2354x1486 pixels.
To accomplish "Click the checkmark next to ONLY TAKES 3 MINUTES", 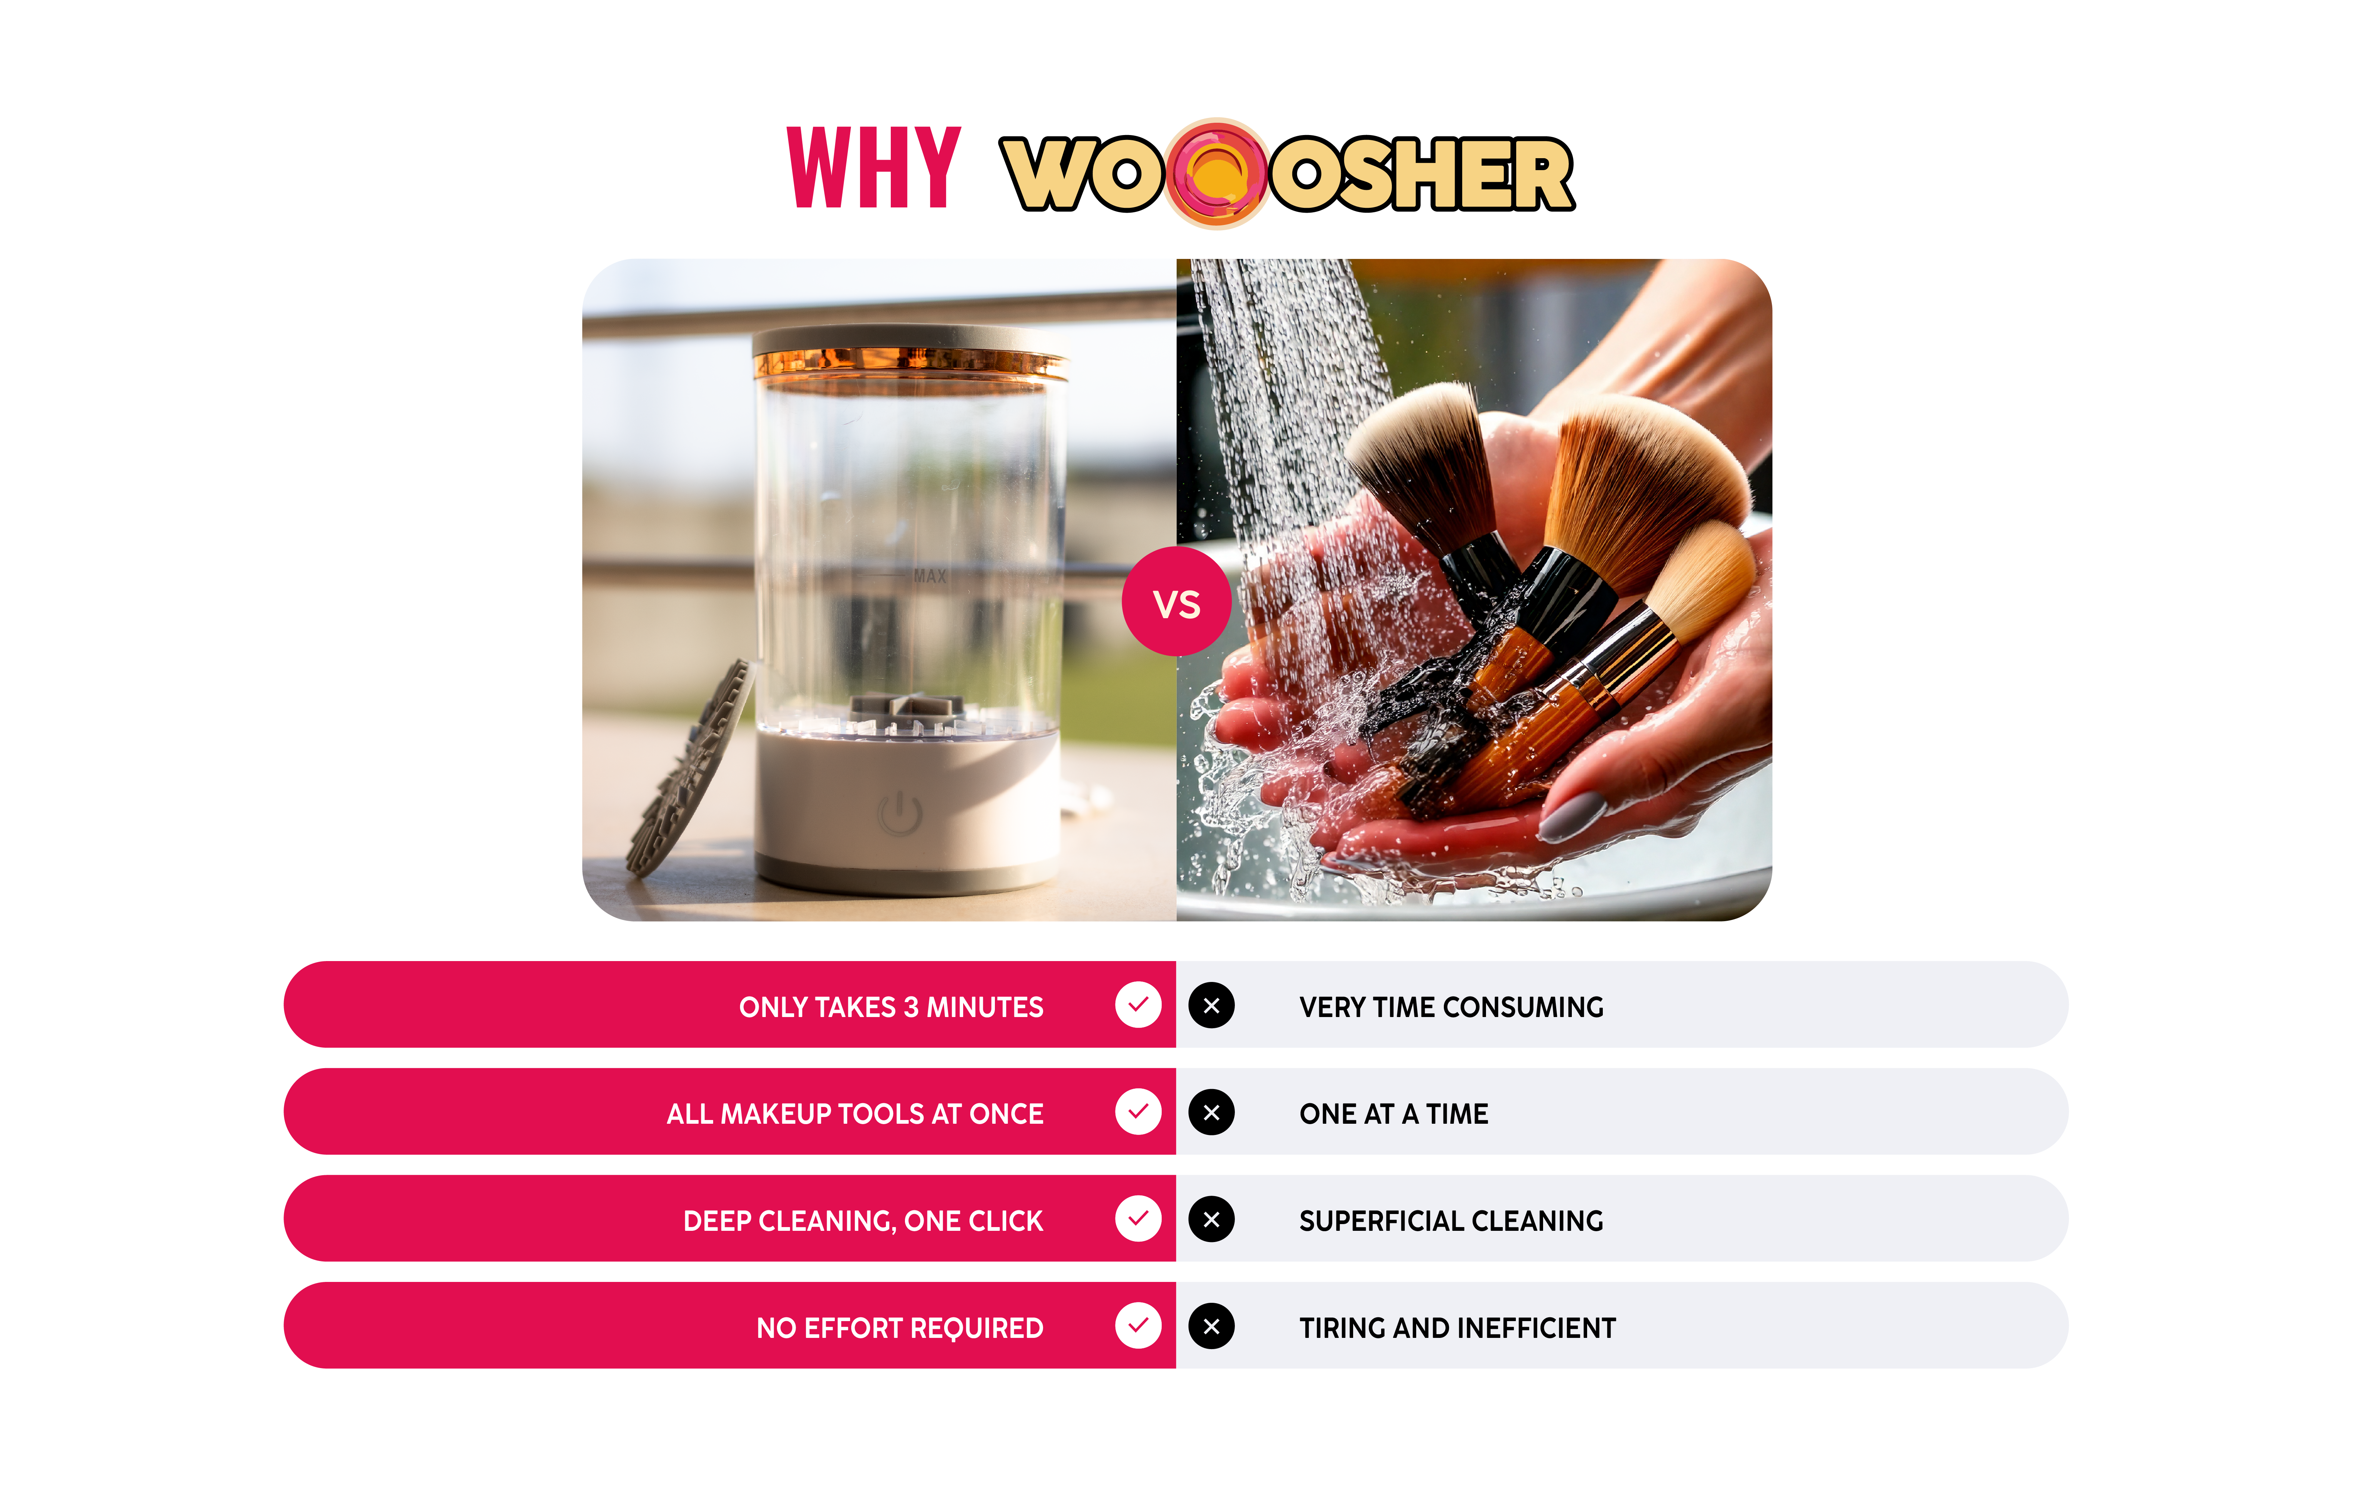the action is (x=1138, y=1005).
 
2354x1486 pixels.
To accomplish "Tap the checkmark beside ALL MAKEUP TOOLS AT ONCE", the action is (x=1138, y=1111).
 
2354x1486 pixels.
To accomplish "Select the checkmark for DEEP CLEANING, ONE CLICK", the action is (x=1138, y=1219).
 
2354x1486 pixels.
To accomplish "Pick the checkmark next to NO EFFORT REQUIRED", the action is (x=1138, y=1326).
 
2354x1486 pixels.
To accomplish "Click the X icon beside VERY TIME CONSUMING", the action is (x=1211, y=1005).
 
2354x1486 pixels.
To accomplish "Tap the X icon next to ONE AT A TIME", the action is (x=1211, y=1113).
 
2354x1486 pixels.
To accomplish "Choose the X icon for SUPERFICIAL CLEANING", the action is (x=1211, y=1219).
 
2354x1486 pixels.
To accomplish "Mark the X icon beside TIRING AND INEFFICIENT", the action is (x=1211, y=1327).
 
